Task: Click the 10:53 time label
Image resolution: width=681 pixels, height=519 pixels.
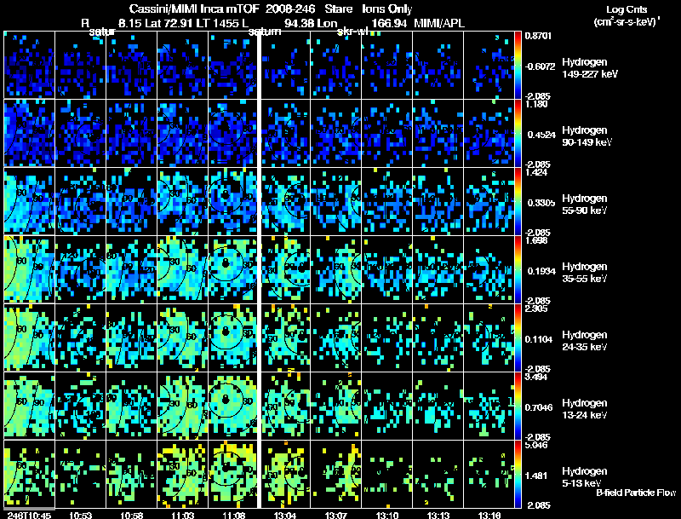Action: (80, 515)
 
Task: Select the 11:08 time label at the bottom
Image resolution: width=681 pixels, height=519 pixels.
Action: (233, 515)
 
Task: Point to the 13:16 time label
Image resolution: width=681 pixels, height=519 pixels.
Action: (489, 515)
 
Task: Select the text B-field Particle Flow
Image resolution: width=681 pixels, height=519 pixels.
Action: (636, 493)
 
